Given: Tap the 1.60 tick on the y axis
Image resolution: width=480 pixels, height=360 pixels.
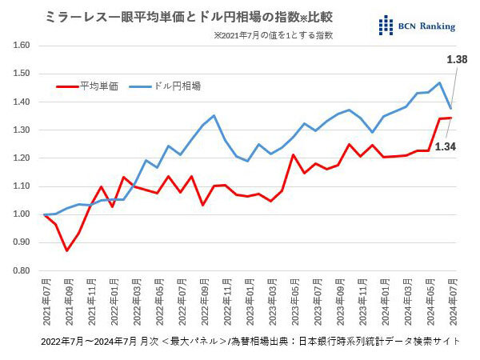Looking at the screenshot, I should pos(22,46).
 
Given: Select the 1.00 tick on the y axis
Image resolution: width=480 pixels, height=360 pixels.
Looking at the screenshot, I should pos(22,214).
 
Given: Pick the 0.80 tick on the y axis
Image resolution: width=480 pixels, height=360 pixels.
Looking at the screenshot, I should pos(22,270).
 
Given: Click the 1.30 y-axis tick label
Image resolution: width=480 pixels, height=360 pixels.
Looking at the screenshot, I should pos(22,130).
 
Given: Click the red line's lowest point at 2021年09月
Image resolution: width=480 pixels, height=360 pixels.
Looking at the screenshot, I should pos(67,250).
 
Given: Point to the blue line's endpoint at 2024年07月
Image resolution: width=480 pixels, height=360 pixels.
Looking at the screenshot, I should pos(451,108).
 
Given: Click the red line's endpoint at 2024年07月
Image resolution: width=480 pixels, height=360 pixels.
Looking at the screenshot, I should pos(451,118).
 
